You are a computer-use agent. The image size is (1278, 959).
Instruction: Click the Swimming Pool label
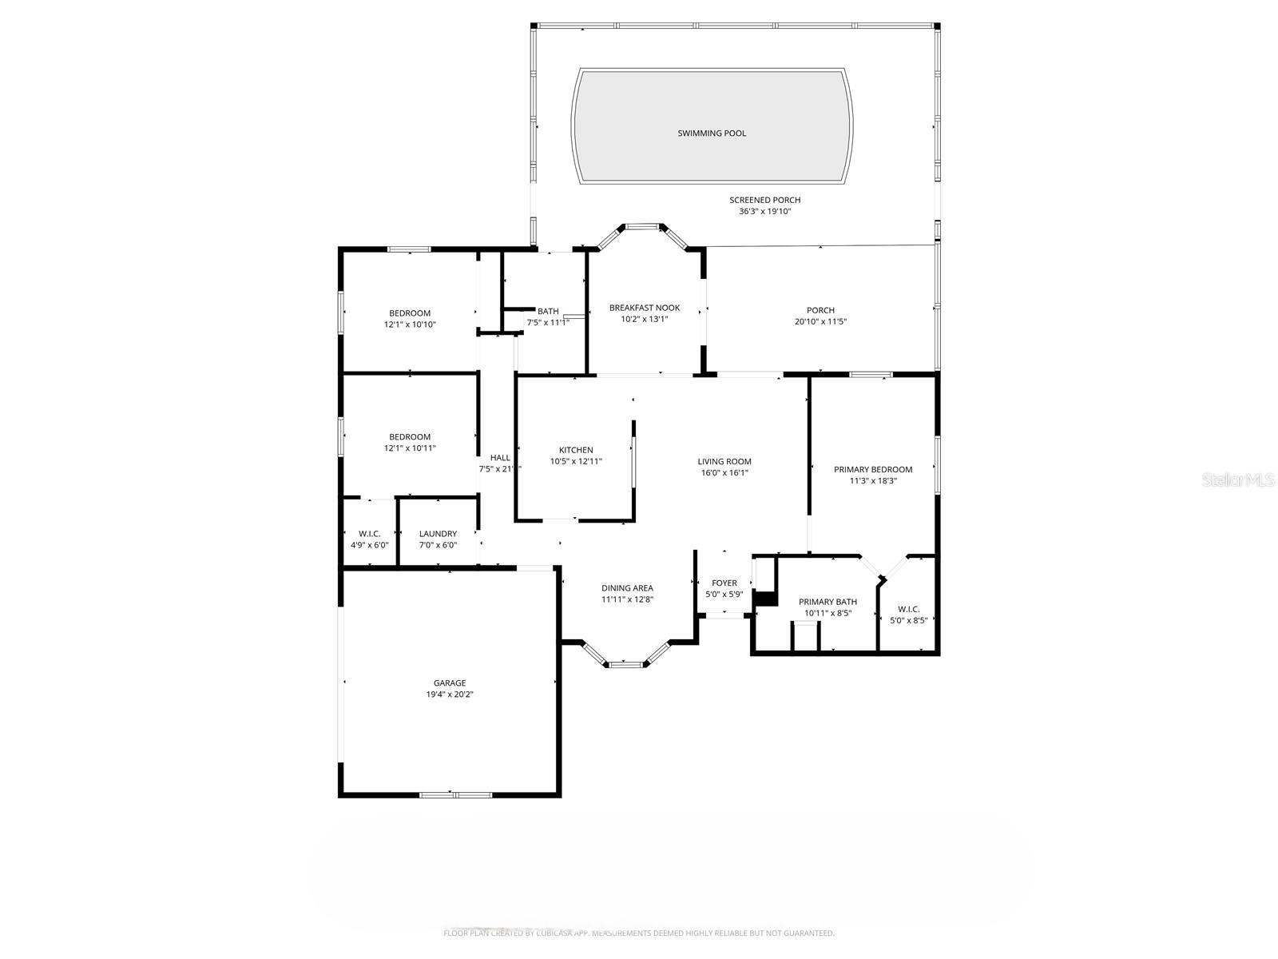click(x=712, y=133)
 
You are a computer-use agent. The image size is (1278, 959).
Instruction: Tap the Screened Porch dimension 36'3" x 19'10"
click(x=764, y=212)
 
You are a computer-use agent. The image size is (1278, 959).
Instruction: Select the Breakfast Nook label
click(x=644, y=308)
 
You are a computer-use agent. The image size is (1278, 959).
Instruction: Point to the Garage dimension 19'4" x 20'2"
click(x=450, y=694)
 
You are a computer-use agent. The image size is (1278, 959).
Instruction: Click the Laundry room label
click(x=438, y=534)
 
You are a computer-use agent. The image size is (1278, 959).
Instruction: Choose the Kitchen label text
click(x=575, y=450)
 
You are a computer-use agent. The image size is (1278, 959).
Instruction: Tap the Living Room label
click(x=724, y=461)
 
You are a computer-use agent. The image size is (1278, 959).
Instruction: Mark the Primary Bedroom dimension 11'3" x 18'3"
click(x=873, y=481)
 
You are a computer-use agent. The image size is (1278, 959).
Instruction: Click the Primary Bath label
click(x=828, y=602)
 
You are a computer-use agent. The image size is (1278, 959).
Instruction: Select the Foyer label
click(x=724, y=583)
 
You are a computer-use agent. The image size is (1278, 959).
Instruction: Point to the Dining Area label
click(x=627, y=588)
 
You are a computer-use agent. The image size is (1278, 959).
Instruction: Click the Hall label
click(x=500, y=458)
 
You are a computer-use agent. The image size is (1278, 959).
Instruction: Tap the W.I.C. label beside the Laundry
click(x=369, y=534)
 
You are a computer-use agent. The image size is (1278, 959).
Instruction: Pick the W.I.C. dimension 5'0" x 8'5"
click(x=909, y=620)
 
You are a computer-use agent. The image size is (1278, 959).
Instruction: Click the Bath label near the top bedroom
click(x=548, y=311)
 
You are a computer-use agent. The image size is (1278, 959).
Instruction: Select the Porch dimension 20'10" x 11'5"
click(x=820, y=322)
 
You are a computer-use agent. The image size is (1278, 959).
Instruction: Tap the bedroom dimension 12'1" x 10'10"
click(x=410, y=324)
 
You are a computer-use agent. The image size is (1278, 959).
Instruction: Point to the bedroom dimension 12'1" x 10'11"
click(x=410, y=448)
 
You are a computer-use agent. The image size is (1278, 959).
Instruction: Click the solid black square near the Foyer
click(x=765, y=598)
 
